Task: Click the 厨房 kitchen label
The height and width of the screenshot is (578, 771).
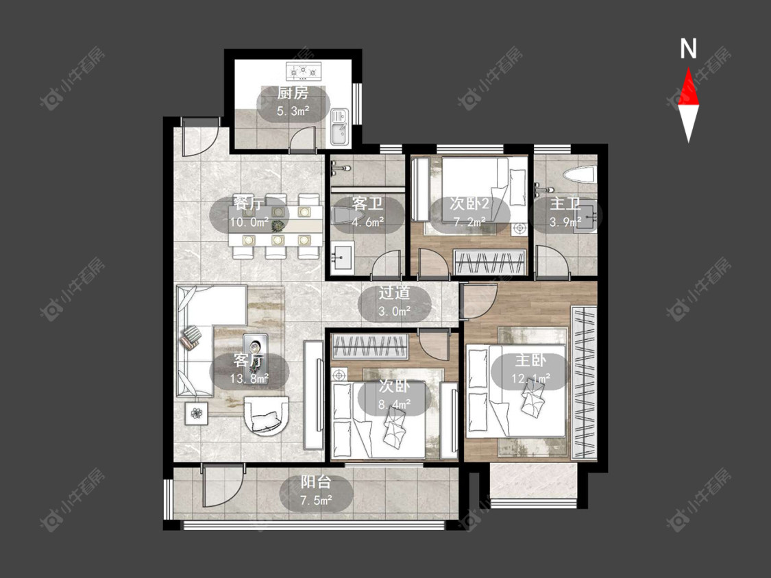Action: coord(293,92)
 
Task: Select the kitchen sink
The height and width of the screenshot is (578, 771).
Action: coord(339,127)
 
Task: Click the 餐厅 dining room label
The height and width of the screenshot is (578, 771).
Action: coord(248,203)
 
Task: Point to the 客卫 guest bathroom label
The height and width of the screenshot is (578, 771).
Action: coord(367,203)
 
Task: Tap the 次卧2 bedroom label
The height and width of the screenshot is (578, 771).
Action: coord(469,203)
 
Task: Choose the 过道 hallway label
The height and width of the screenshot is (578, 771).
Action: coord(394,292)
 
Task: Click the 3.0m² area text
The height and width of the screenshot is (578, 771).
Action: coord(395,311)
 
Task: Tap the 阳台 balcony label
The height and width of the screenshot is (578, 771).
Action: coord(316,481)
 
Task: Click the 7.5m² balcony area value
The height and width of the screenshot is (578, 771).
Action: coord(316,500)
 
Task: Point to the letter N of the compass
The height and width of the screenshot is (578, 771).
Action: coord(688,49)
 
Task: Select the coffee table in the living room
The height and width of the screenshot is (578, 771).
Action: coord(256,351)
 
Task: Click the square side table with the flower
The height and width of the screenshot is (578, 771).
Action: coord(197,414)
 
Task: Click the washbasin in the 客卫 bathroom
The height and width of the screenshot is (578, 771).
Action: coord(342,257)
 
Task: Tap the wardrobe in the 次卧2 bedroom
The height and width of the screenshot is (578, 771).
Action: coord(490,262)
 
